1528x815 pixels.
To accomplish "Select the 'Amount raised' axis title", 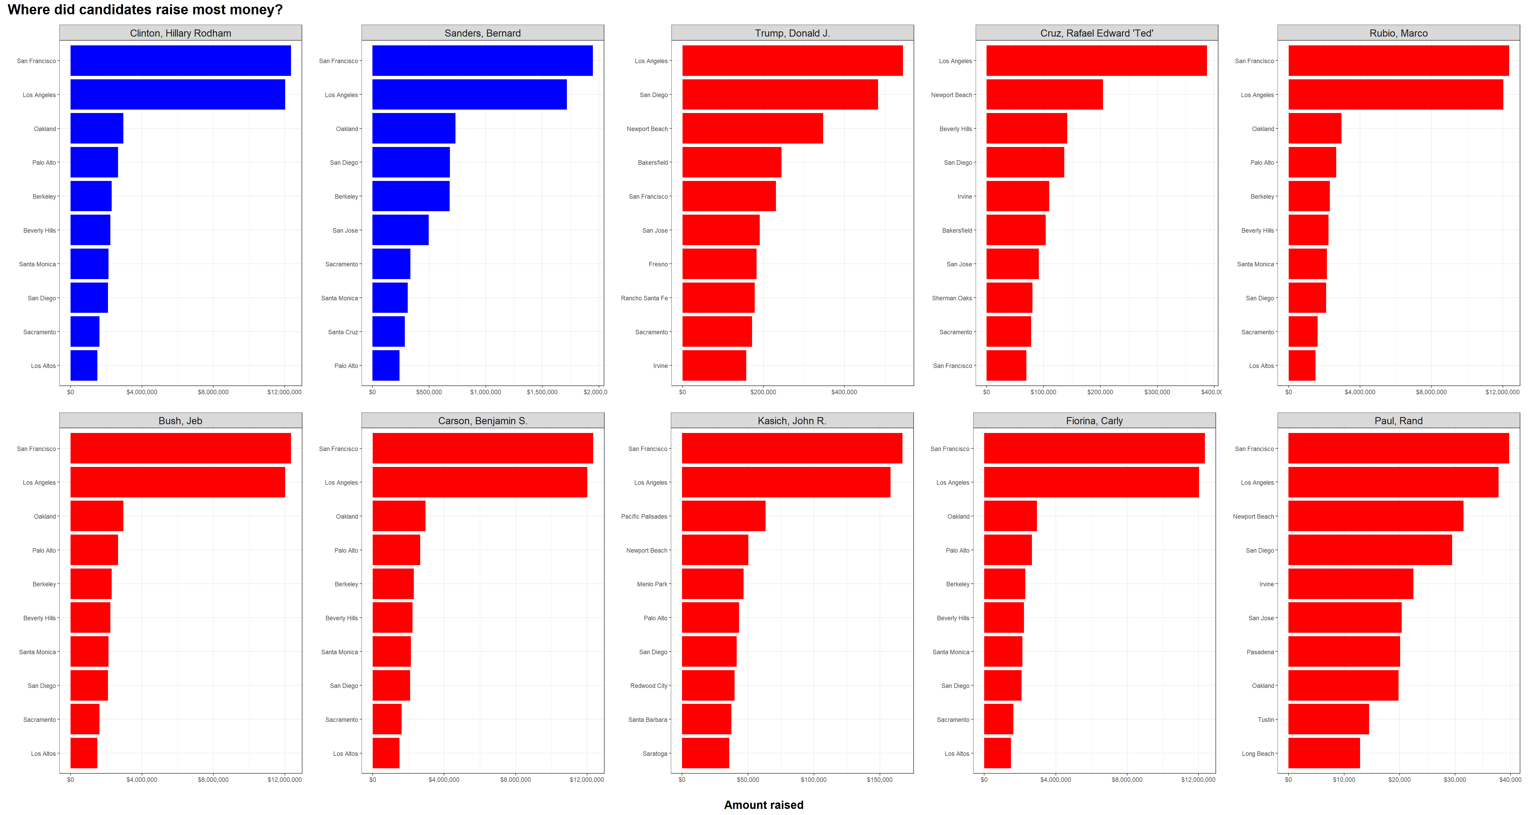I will click(x=763, y=805).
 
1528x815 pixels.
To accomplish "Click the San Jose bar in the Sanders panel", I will click(x=400, y=230).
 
